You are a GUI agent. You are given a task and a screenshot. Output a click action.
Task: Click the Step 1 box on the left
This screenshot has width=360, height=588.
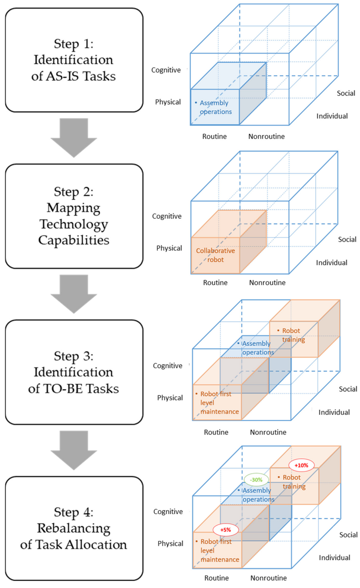click(74, 60)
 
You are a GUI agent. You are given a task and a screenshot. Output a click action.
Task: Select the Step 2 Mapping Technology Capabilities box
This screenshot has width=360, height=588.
click(74, 216)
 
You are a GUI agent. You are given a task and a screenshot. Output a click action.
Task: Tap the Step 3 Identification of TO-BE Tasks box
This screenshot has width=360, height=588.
click(74, 372)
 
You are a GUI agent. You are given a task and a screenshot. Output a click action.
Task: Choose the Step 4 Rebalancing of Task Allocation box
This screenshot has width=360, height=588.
click(74, 528)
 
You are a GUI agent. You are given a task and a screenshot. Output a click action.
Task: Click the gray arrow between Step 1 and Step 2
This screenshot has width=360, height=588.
click(74, 137)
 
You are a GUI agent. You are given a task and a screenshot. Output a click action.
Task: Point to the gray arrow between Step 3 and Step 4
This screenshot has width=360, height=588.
click(74, 450)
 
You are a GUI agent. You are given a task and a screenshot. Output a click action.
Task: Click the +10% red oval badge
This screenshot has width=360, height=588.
click(301, 465)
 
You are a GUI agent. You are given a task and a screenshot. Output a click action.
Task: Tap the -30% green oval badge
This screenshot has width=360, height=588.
click(256, 480)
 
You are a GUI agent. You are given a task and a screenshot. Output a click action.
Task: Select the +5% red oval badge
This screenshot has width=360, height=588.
click(225, 530)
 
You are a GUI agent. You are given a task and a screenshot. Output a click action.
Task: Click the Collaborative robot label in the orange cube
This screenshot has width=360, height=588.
click(215, 255)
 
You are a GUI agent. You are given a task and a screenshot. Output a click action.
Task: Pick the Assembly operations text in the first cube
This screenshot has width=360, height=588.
click(215, 107)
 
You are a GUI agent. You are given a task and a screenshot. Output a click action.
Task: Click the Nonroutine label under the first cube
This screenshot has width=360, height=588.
click(266, 137)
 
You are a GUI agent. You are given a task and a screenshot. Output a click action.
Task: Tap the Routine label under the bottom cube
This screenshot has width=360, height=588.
click(216, 578)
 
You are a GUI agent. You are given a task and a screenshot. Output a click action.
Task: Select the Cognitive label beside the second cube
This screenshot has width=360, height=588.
click(167, 216)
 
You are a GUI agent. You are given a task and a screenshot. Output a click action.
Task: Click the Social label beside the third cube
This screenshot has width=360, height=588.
click(348, 389)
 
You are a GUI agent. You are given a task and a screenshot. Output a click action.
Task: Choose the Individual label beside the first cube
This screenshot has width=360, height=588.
click(332, 116)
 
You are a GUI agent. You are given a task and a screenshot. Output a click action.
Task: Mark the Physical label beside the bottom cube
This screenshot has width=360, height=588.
click(170, 543)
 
